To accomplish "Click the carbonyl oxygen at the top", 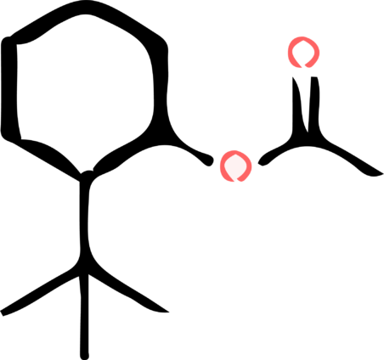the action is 303,52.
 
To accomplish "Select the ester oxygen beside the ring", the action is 235,166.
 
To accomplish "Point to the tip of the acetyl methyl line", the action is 381,173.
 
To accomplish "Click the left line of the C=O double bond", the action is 297,104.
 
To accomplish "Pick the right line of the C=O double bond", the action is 313,104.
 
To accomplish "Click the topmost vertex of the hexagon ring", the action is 85,7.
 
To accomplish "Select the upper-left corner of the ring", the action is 9,41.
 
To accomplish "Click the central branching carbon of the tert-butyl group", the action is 84,270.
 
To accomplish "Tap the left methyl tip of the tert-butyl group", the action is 3,312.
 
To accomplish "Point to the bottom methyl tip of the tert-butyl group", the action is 84,357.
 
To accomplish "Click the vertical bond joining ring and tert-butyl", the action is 84,221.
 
